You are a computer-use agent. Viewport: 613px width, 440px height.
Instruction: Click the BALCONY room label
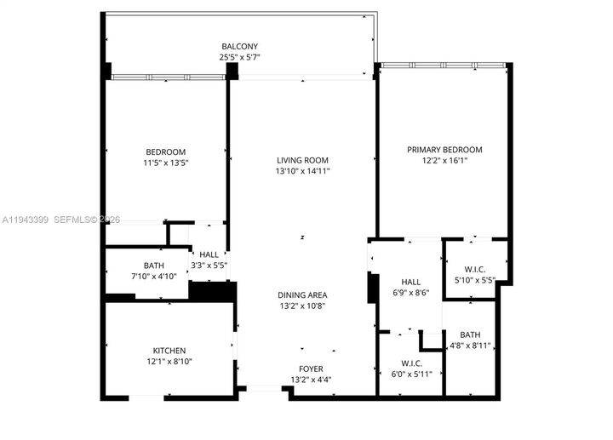(x=239, y=46)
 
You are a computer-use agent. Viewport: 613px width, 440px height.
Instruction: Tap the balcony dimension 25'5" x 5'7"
(x=239, y=57)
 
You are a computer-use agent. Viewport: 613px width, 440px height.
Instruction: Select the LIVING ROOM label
(x=302, y=160)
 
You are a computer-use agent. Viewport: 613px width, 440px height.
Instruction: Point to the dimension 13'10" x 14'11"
(x=302, y=171)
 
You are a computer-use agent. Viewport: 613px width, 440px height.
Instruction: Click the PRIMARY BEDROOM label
(x=444, y=149)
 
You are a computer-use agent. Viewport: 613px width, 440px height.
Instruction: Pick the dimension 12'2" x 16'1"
(x=444, y=160)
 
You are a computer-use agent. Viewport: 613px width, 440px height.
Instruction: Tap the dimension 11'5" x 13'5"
(x=165, y=163)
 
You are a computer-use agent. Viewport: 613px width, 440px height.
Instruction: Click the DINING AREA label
(x=302, y=295)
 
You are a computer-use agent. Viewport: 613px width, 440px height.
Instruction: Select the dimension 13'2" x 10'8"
(x=302, y=306)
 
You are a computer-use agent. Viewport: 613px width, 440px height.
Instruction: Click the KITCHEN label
(x=169, y=351)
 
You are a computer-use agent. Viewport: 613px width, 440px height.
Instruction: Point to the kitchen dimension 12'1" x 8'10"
(x=169, y=362)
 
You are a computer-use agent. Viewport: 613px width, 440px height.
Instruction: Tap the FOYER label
(x=309, y=369)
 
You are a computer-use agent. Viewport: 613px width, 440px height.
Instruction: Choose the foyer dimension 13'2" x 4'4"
(x=309, y=380)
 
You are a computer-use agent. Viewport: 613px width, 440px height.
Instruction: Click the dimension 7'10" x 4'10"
(x=154, y=277)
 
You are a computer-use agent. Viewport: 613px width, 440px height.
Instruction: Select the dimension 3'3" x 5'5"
(x=209, y=266)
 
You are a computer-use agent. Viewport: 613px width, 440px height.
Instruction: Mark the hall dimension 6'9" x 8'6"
(x=410, y=293)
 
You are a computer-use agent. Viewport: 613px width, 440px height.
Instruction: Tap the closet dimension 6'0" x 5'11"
(x=411, y=374)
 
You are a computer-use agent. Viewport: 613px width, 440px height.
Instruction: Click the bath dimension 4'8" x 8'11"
(x=470, y=346)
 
